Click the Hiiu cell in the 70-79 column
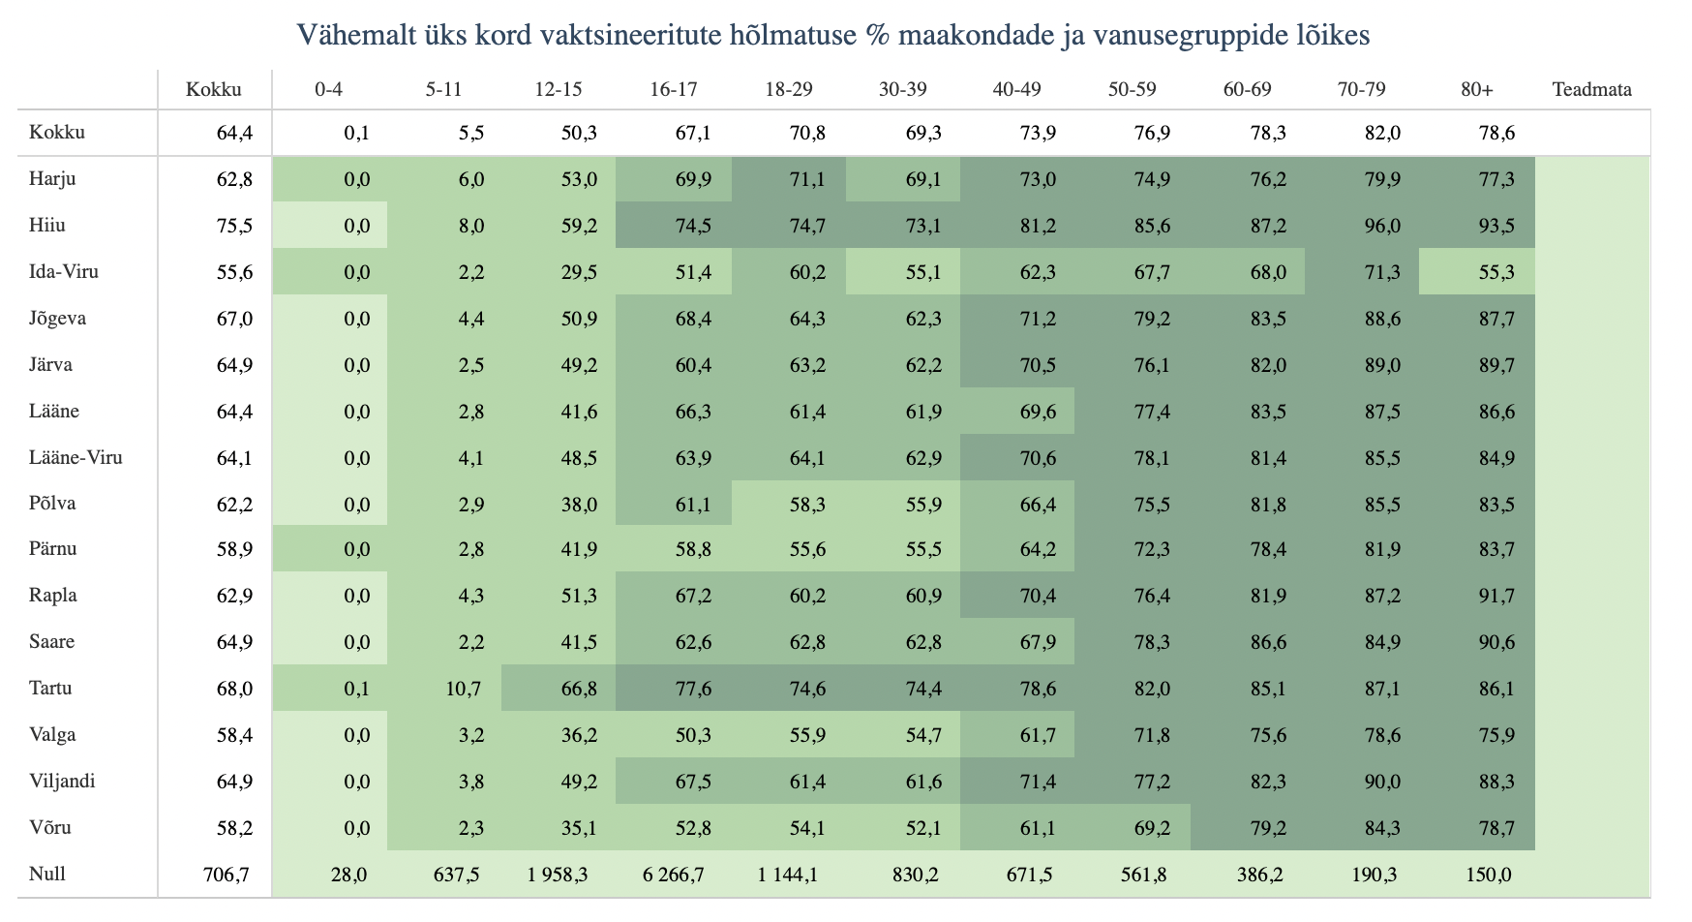coord(1381,226)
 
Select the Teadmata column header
coord(1591,90)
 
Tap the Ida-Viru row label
coord(64,272)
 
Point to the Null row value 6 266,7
coord(674,875)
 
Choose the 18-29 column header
coord(788,90)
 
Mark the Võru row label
coord(50,828)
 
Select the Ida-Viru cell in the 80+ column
coord(1496,272)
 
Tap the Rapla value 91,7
coord(1496,596)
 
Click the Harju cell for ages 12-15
coord(579,179)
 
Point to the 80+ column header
coord(1477,90)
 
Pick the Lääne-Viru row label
coord(76,458)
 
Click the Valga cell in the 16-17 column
coord(693,735)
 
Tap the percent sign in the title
coord(878,36)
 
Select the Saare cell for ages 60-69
coord(1267,642)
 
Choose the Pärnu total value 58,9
coord(234,549)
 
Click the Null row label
coord(47,875)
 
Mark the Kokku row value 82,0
coord(1382,133)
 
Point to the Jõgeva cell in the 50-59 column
coord(1152,319)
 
